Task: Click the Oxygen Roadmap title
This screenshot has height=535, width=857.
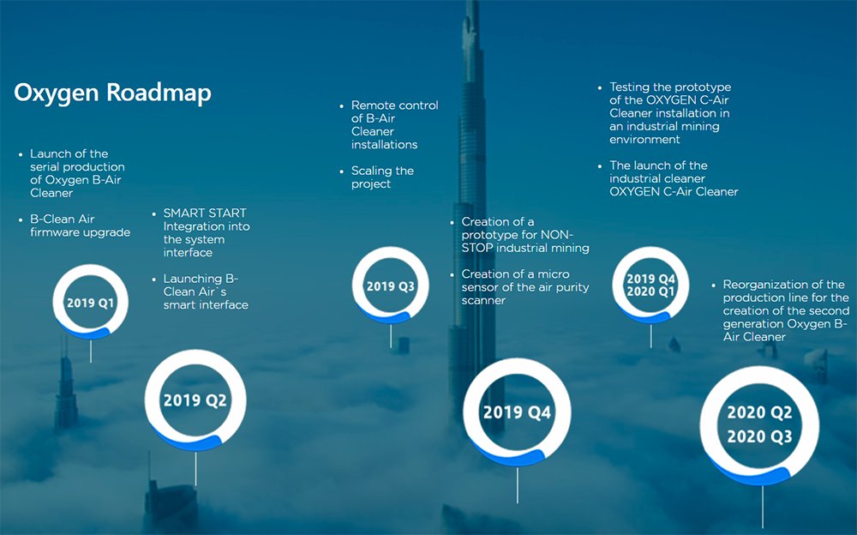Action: (x=112, y=93)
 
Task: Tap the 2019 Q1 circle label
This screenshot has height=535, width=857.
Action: (x=90, y=303)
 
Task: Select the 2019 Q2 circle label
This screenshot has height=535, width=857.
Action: (x=195, y=400)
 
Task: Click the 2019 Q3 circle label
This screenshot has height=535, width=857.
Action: (x=391, y=286)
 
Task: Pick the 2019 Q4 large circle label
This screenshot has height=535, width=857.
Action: (x=516, y=412)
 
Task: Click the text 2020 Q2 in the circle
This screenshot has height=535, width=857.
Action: (x=759, y=413)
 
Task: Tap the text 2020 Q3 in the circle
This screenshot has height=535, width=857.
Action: (x=759, y=437)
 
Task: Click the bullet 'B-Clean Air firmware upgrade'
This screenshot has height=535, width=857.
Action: (x=80, y=225)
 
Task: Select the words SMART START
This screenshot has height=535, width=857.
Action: (x=205, y=213)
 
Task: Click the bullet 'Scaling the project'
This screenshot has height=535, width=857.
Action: (x=382, y=177)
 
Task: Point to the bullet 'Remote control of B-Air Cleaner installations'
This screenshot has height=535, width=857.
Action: (x=394, y=125)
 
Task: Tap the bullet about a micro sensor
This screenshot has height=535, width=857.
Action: (x=524, y=287)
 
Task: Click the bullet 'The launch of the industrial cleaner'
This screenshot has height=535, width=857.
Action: (x=673, y=178)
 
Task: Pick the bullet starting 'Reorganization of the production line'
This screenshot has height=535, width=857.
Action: (x=785, y=310)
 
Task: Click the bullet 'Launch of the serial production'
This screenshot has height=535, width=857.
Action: (x=77, y=173)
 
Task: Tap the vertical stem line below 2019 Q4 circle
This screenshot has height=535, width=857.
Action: (x=517, y=484)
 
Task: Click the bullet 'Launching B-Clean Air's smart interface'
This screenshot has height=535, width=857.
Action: (x=206, y=292)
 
